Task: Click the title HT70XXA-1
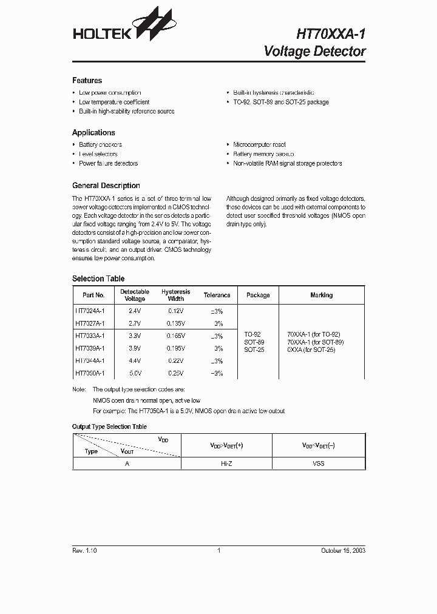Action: coord(331,34)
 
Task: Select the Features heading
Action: coord(87,81)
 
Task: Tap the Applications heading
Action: coord(93,132)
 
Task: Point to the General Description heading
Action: coord(106,186)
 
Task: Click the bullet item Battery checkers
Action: coord(100,145)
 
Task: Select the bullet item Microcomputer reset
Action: coord(259,145)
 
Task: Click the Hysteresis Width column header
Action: coord(175,295)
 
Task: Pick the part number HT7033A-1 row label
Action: coord(90,335)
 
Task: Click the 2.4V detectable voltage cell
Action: coord(134,310)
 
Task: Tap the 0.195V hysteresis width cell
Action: coord(175,348)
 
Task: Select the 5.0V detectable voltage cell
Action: coord(134,373)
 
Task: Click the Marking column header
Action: coord(321,295)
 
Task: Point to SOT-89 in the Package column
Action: coord(254,342)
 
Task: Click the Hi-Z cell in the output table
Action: coord(226,463)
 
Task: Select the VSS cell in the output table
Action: coord(318,463)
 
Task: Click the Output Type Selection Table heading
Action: coord(109,427)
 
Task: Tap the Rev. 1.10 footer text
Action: coord(84,550)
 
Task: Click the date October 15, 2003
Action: coord(343,550)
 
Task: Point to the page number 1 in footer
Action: coord(218,550)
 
